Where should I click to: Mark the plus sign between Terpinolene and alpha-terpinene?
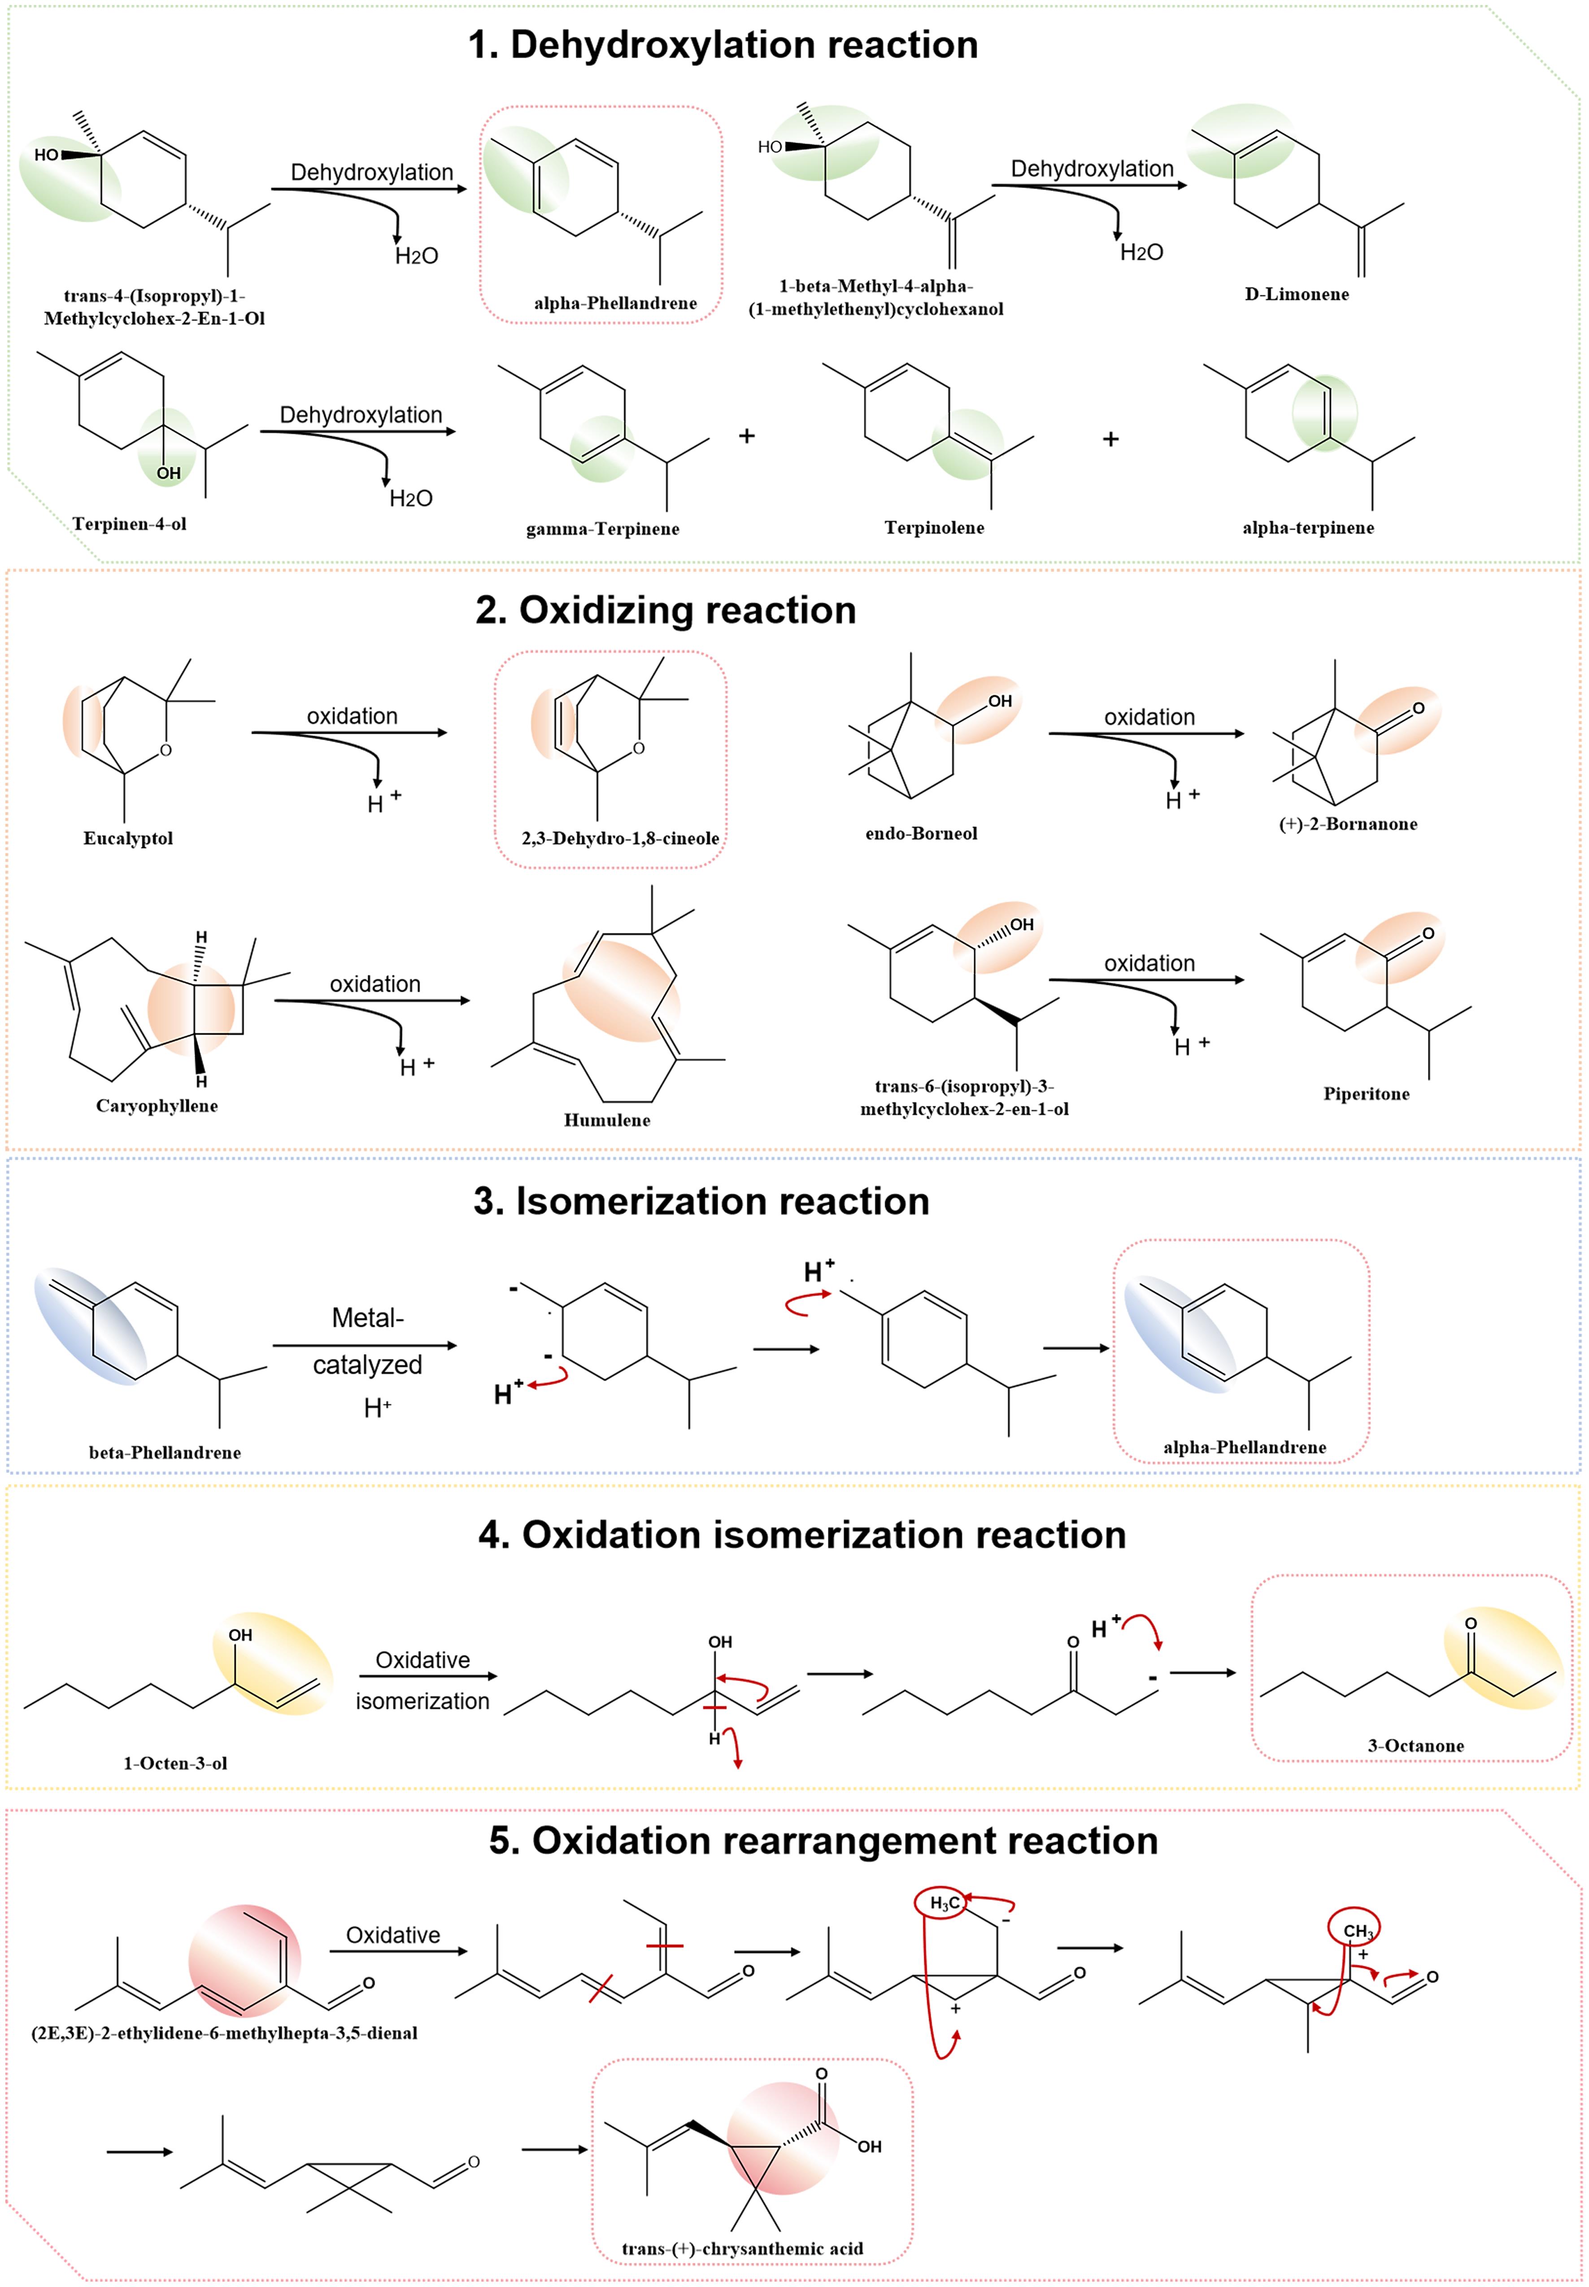coord(1110,439)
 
